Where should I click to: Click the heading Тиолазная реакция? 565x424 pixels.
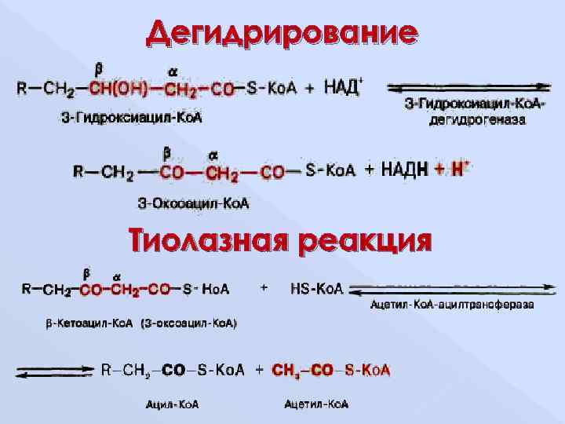point(280,239)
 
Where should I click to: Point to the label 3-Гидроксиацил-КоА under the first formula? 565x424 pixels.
point(132,118)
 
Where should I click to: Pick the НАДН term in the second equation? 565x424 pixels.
point(404,169)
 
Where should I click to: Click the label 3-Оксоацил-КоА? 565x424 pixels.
point(193,204)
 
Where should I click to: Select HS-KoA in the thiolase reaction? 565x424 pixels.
point(316,290)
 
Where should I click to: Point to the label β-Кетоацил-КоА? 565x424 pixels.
point(86,323)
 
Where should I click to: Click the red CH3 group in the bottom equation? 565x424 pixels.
point(285,370)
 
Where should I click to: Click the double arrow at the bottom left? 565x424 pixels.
point(55,371)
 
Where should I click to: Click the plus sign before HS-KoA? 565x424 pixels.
point(264,288)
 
